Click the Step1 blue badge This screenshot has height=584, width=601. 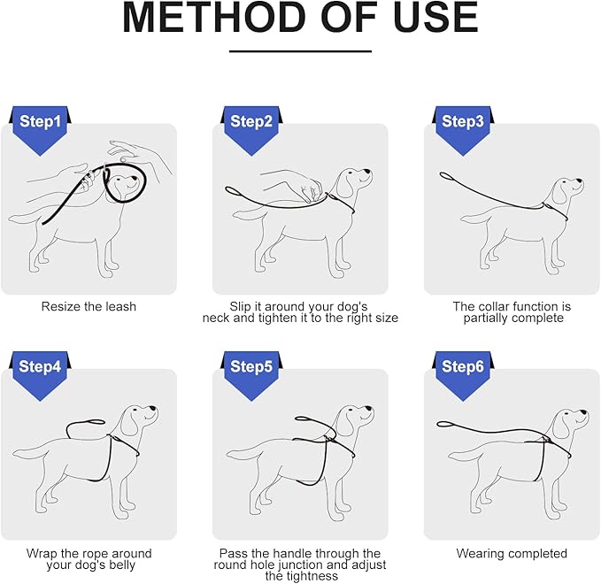coord(40,128)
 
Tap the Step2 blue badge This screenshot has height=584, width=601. coord(251,128)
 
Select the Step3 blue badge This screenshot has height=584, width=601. coord(463,128)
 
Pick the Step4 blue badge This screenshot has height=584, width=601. coord(40,373)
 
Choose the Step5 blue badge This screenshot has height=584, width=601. coord(251,373)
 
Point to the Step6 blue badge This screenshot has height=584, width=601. coord(463,373)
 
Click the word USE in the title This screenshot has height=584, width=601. coord(435,18)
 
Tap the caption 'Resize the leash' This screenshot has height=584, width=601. coord(89,306)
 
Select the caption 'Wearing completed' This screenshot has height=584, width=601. coord(512,553)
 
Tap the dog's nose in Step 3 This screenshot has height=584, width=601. coord(581,181)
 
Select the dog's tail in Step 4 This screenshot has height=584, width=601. coord(27,453)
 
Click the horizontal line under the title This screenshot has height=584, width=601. coord(301,51)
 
